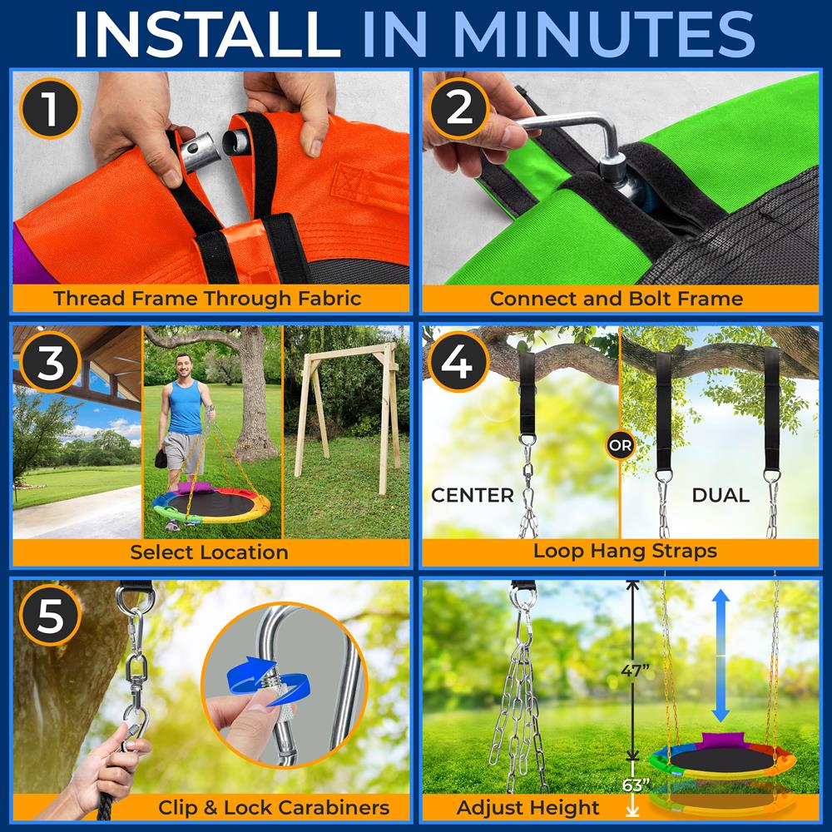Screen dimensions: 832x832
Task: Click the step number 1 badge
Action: click(51, 109)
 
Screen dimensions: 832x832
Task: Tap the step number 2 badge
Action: click(459, 109)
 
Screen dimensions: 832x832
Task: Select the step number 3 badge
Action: click(51, 363)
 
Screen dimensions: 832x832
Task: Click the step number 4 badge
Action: click(459, 363)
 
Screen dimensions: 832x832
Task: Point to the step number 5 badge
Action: click(51, 618)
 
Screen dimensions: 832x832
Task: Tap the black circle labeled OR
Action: click(620, 445)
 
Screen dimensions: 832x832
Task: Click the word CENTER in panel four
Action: click(472, 496)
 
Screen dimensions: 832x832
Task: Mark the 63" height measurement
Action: click(635, 785)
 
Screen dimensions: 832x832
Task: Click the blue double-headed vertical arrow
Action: click(721, 657)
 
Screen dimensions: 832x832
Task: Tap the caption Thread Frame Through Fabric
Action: click(207, 299)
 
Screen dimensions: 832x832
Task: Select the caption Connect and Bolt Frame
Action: click(617, 299)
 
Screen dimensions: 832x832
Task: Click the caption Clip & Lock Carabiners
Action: click(274, 806)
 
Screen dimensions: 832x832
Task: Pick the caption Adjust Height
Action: click(527, 806)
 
